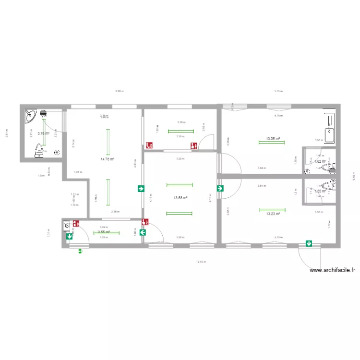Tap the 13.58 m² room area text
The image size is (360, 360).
click(x=180, y=198)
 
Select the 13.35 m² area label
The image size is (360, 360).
click(x=273, y=139)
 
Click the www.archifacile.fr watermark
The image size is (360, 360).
click(x=333, y=271)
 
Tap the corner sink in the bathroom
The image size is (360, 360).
click(x=30, y=115)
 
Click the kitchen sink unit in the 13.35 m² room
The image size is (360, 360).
click(x=330, y=129)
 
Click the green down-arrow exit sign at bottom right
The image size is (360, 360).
click(x=309, y=244)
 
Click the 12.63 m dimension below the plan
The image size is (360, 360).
click(x=200, y=262)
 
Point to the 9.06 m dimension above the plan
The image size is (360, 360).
click(x=119, y=91)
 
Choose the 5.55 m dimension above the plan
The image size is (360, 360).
click(x=278, y=91)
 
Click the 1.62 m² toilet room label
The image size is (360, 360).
click(x=320, y=161)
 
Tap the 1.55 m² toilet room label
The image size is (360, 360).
click(x=320, y=191)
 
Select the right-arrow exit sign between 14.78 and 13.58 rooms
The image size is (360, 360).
click(x=141, y=189)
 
